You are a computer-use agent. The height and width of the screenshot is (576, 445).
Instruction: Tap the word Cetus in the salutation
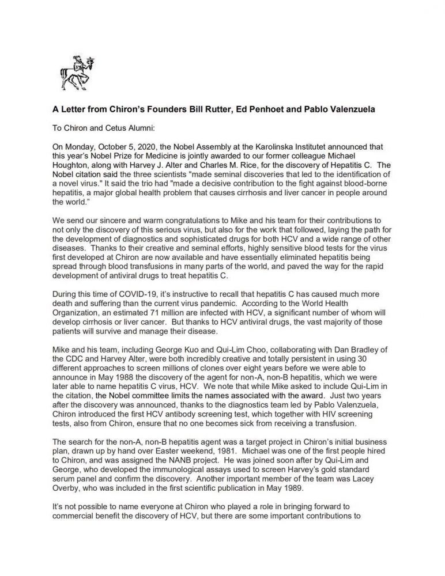120,129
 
